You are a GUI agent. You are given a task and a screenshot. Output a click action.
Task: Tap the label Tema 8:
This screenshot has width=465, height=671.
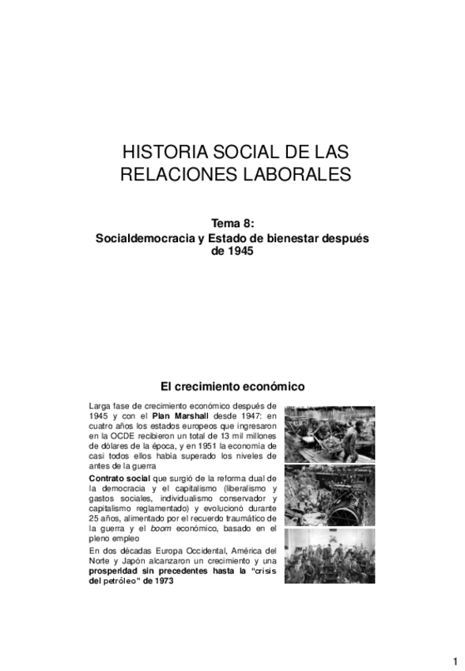click(x=236, y=224)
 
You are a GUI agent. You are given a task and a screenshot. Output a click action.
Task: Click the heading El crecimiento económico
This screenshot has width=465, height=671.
click(x=232, y=387)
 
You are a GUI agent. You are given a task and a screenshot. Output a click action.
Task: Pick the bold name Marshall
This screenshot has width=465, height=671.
click(x=190, y=413)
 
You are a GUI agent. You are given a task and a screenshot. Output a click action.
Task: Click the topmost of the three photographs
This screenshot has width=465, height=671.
click(x=329, y=433)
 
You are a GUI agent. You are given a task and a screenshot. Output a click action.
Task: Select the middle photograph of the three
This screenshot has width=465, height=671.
click(x=329, y=494)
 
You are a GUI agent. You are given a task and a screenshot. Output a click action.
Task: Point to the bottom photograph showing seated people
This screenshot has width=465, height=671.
click(x=329, y=555)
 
